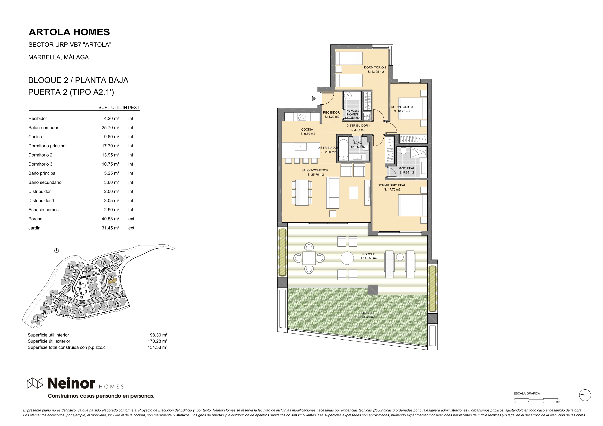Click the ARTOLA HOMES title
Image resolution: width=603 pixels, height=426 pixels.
(x=69, y=32)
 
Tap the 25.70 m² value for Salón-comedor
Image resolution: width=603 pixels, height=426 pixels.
(x=110, y=128)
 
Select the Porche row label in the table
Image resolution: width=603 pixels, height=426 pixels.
(x=35, y=219)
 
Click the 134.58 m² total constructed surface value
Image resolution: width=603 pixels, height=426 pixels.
(x=157, y=347)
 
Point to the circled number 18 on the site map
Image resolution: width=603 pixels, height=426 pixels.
(x=116, y=258)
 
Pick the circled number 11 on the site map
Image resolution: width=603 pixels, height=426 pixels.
(x=36, y=319)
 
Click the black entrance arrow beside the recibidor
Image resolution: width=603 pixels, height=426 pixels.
(x=314, y=99)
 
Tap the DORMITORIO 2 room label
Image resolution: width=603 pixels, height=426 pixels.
(x=375, y=67)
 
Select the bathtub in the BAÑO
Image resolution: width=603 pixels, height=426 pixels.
(x=343, y=149)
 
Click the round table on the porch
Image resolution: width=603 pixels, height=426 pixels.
(x=347, y=258)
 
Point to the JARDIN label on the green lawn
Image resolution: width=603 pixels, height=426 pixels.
(x=366, y=313)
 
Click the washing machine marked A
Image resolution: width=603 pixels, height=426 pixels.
(x=348, y=96)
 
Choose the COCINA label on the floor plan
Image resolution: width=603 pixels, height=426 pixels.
(x=307, y=129)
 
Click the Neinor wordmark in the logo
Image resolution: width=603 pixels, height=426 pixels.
(x=71, y=384)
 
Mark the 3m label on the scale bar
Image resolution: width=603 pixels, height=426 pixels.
(x=558, y=402)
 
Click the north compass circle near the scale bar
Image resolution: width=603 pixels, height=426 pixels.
(x=585, y=395)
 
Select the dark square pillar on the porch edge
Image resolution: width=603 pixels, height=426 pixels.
(x=373, y=290)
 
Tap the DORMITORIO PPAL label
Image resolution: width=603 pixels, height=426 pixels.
(x=392, y=185)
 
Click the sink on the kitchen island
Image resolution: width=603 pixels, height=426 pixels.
(x=301, y=146)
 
